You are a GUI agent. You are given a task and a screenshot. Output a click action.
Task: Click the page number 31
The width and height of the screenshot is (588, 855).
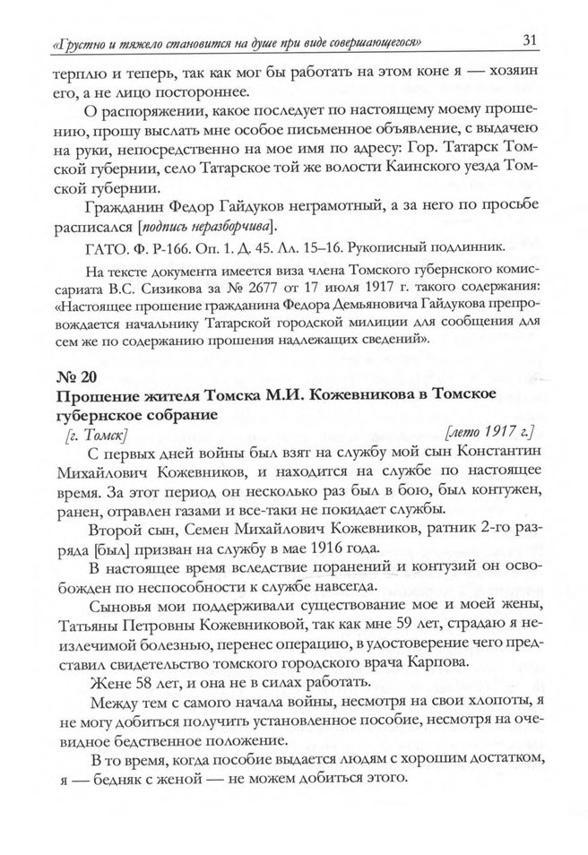tap(528, 39)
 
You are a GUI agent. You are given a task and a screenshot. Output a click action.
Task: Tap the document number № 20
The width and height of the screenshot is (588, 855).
tap(72, 376)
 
